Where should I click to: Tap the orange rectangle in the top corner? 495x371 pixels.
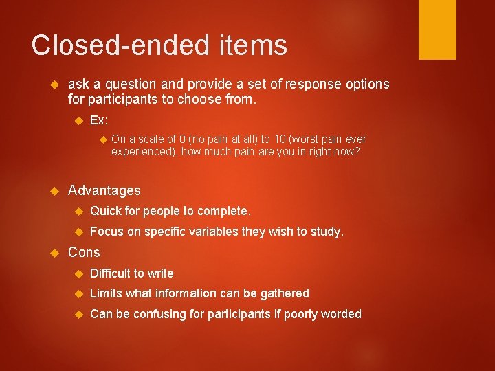437,30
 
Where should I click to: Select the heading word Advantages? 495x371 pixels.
104,190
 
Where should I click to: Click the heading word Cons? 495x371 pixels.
84,252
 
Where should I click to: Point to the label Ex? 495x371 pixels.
99,120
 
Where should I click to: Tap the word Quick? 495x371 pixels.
105,211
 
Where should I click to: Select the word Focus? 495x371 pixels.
106,232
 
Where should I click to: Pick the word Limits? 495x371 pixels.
106,293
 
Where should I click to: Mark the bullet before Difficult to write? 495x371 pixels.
78,273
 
